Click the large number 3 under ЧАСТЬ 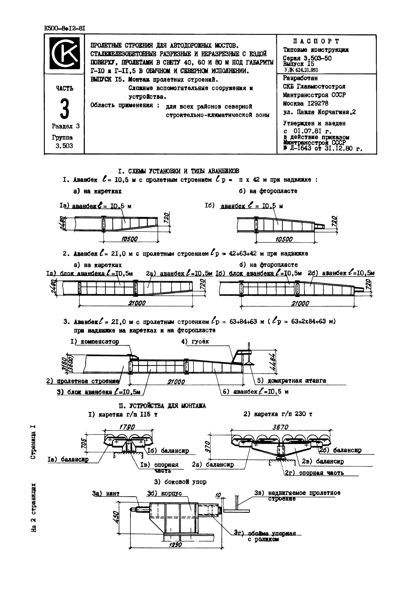coord(65,109)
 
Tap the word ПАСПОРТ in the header coord(316,41)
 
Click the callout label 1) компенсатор coord(95,342)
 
